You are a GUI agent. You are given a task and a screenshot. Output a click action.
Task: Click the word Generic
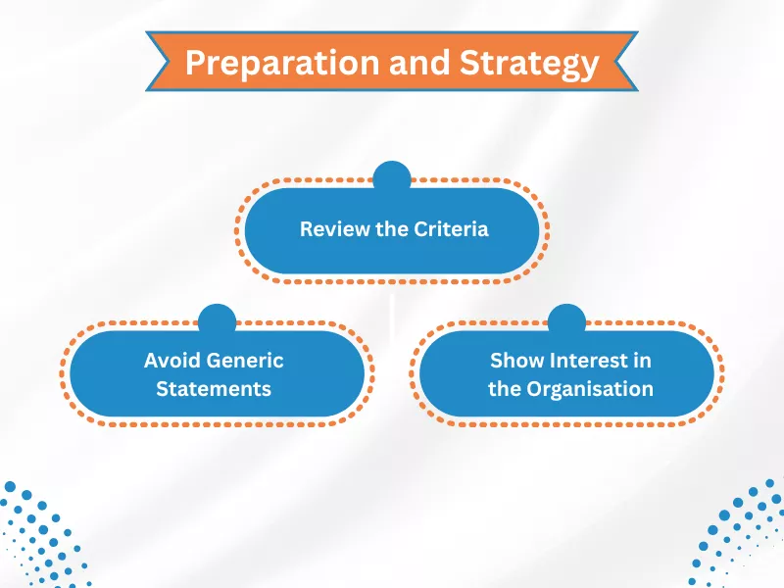pos(246,360)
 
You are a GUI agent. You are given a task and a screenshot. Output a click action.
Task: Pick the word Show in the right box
pos(516,360)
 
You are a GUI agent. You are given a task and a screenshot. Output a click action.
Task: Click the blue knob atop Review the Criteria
pos(392,177)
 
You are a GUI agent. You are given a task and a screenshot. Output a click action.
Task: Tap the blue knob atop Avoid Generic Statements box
pos(217,318)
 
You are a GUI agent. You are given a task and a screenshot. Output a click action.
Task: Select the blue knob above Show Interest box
pos(566,318)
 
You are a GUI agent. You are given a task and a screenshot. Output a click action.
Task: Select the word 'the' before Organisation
pos(504,388)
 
